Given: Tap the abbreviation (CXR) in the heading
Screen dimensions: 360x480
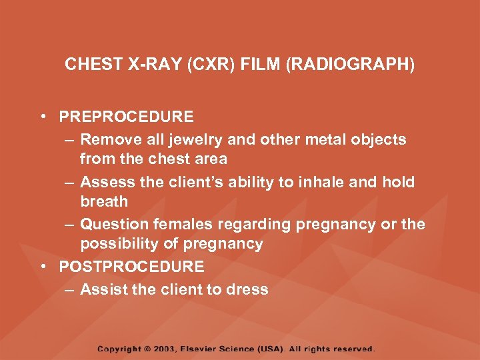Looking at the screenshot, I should click(205, 65).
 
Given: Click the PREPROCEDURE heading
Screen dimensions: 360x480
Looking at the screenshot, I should click(126, 117).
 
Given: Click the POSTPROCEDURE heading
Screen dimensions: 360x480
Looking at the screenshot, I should click(131, 267).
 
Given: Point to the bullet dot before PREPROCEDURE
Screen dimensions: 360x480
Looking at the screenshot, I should click(43, 117).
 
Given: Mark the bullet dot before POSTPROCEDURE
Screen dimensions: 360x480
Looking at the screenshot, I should click(43, 267).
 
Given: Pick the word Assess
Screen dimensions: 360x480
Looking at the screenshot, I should click(105, 182).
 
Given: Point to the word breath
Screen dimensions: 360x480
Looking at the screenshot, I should click(103, 201).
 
